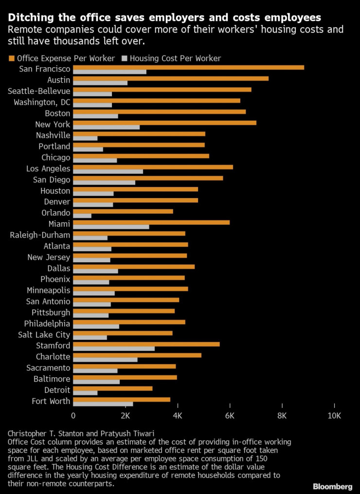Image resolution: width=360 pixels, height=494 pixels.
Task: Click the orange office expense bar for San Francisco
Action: pos(189,67)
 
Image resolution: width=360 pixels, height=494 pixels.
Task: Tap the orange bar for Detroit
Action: pos(113,388)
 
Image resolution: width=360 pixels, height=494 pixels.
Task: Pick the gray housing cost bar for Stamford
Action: pos(114,348)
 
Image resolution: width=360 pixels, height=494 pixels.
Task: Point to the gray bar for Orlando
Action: pos(82,216)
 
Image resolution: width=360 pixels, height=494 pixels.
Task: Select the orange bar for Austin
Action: pos(171,78)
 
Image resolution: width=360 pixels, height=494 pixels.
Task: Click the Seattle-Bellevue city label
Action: pos(39,91)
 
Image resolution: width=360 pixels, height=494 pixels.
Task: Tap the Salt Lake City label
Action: pos(44,335)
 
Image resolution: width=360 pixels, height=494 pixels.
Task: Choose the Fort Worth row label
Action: pos(51,402)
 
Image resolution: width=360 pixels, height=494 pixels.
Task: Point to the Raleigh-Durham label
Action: pos(40,235)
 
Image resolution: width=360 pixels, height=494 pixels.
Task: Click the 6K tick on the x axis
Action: pos(230,416)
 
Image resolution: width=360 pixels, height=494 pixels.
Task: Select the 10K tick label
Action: pos(334,416)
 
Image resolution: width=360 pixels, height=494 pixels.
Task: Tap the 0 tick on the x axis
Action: pos(73,416)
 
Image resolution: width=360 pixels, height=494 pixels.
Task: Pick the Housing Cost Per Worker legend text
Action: pos(175,58)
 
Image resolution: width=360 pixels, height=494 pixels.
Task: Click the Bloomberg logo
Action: pos(332,486)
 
